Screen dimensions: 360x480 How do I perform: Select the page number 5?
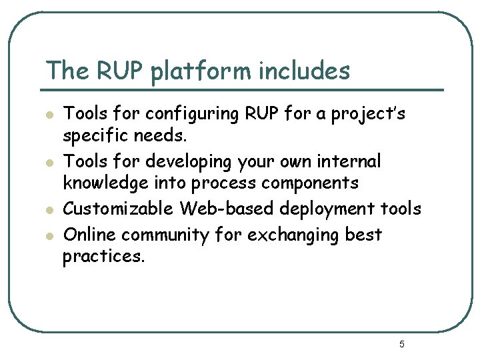(401, 344)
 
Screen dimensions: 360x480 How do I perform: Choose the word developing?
(177, 162)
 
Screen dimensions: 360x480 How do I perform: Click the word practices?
(103, 256)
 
